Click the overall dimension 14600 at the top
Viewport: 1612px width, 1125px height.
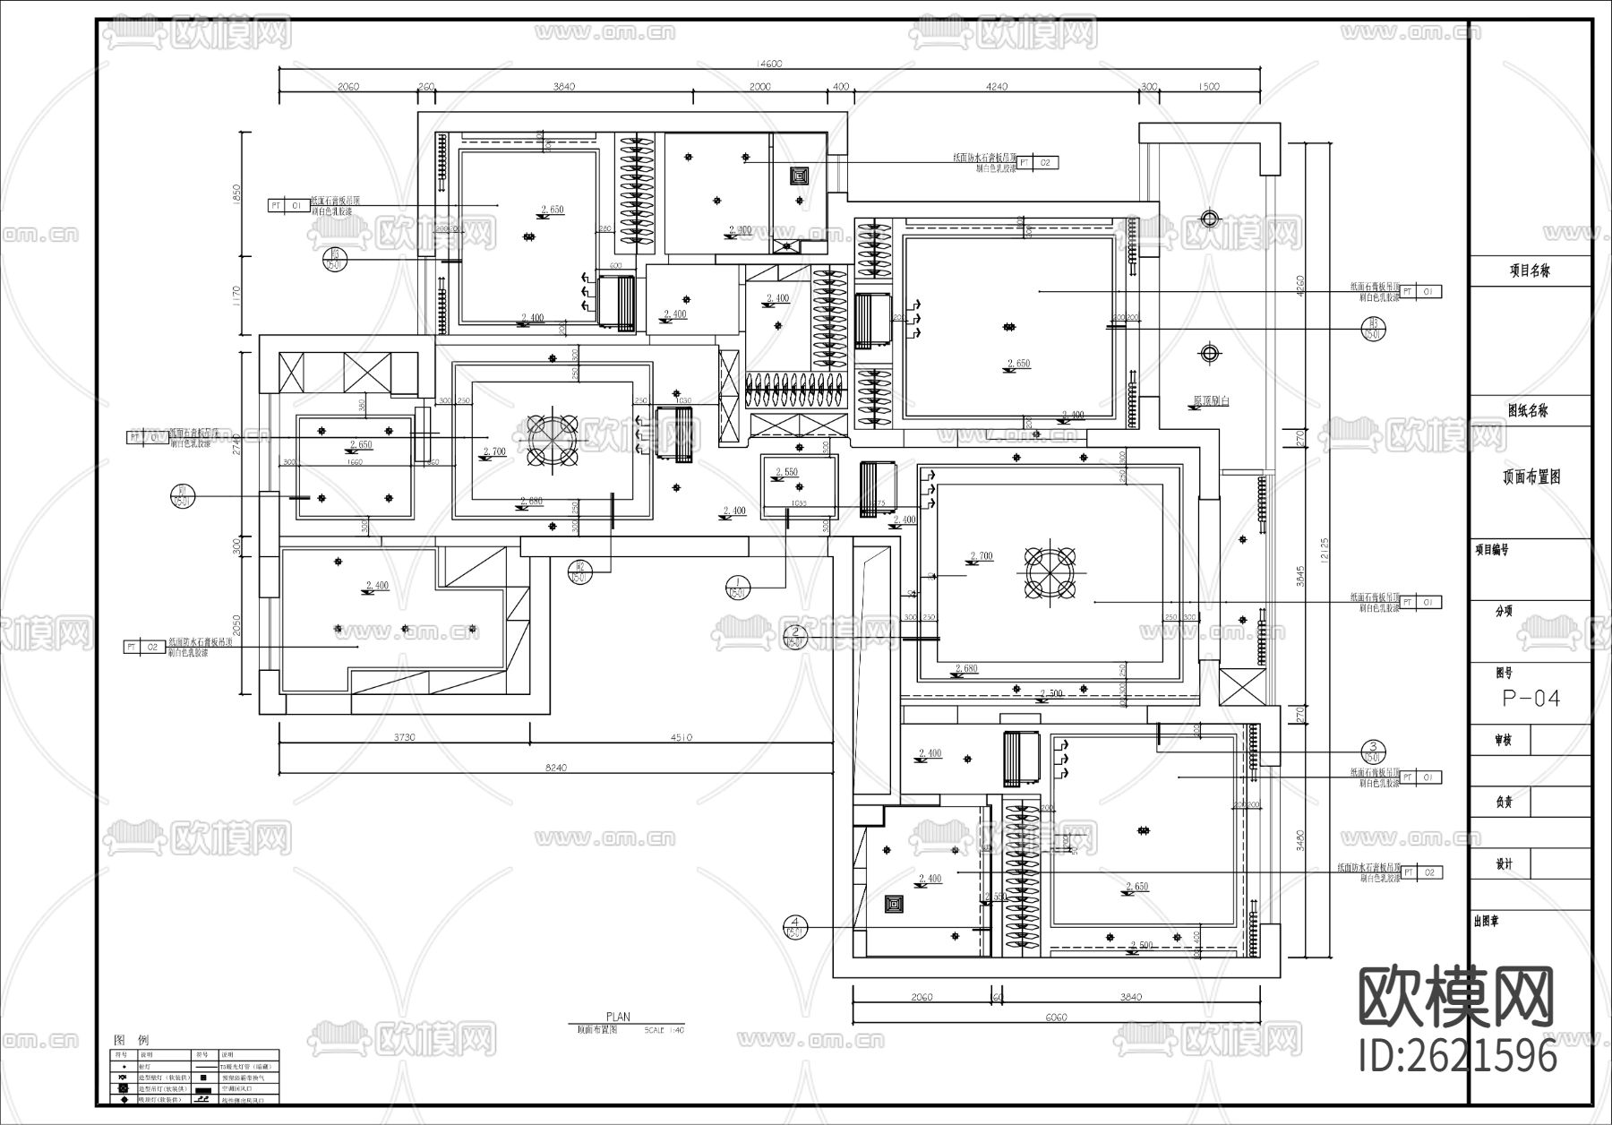769,64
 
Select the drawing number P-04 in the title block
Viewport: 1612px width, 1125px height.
1531,699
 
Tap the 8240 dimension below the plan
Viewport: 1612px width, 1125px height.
557,768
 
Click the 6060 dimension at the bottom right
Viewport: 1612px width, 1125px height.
1057,1017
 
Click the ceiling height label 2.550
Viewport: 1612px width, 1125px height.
786,472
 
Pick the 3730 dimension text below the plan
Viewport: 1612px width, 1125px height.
405,738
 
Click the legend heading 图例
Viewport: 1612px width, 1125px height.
132,1040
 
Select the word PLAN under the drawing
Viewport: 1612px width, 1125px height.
618,1017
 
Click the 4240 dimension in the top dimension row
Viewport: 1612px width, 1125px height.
996,87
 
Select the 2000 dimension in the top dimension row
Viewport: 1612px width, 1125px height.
759,87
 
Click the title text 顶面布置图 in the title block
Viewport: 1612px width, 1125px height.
1531,477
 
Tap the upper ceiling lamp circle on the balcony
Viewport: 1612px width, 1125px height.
1209,218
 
